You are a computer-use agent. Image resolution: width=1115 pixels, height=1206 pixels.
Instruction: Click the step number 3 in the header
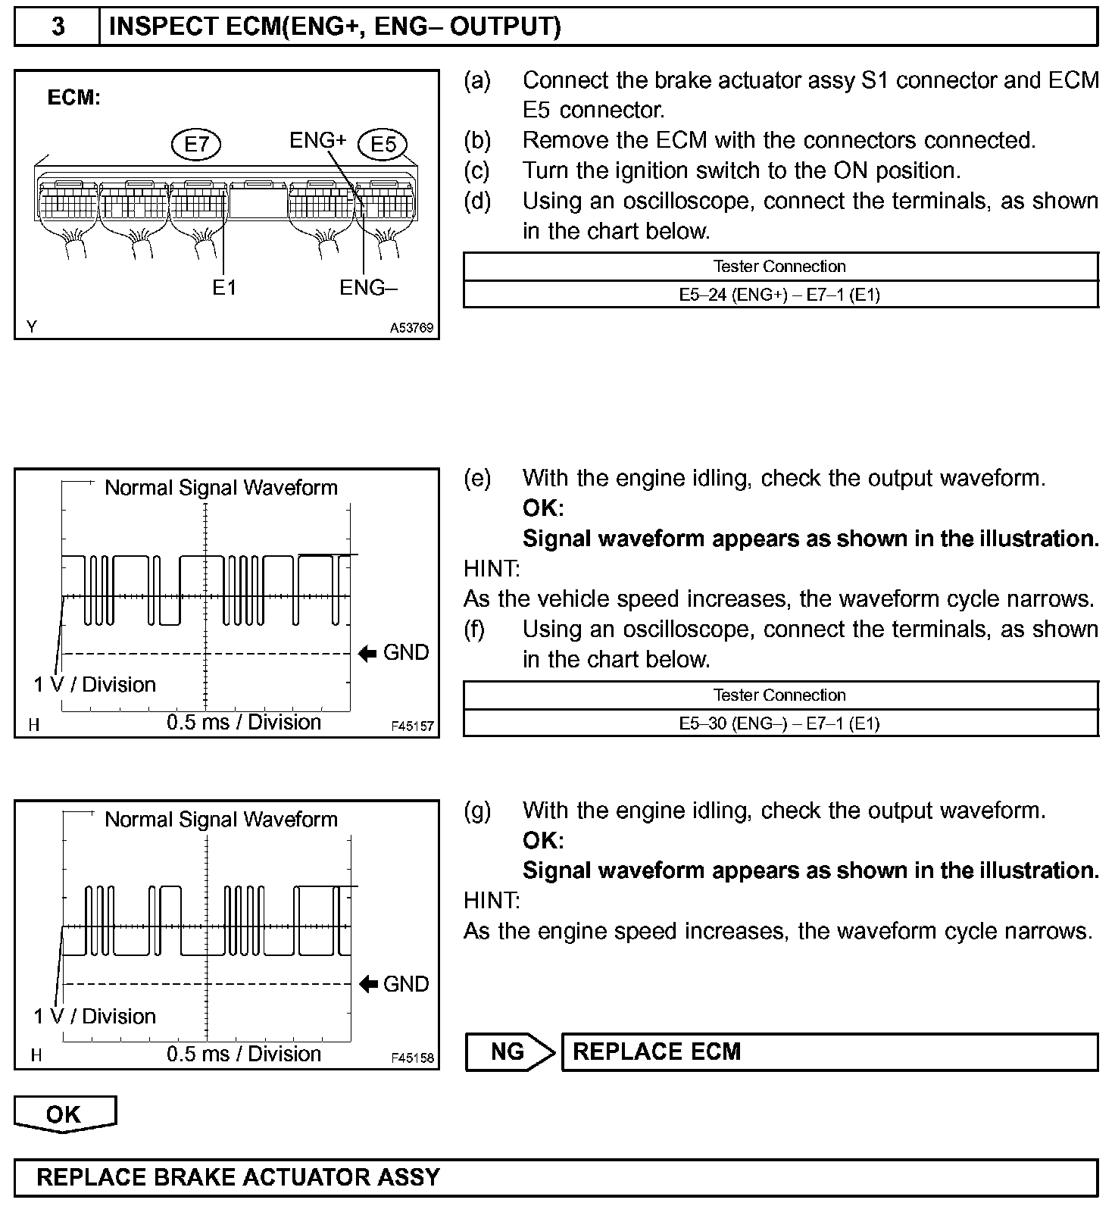(x=58, y=27)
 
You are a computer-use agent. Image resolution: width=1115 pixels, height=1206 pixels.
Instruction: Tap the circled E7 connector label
(x=195, y=143)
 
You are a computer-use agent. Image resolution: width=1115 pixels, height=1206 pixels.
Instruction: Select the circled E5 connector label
(x=383, y=144)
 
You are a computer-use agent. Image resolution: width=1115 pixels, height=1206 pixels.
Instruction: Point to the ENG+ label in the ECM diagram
(x=317, y=140)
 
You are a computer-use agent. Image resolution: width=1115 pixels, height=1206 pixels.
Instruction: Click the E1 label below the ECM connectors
(x=224, y=288)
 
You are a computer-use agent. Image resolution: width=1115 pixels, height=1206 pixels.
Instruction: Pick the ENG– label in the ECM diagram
(x=368, y=288)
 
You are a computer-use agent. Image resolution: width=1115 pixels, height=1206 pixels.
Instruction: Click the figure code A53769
(x=411, y=328)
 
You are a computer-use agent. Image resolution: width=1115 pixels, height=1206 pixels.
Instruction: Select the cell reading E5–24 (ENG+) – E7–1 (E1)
(x=779, y=295)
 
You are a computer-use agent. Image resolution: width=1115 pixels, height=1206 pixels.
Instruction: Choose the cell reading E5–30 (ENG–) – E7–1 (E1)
(x=779, y=723)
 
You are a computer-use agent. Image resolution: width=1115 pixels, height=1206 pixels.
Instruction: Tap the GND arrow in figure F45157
(x=368, y=653)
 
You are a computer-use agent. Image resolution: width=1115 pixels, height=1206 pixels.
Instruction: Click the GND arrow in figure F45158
(x=368, y=984)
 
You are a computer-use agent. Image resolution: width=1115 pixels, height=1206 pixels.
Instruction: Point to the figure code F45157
(x=412, y=726)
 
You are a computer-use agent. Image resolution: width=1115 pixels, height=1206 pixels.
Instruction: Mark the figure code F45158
(x=412, y=1058)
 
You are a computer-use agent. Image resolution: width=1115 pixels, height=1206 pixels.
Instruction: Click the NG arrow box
(x=509, y=1051)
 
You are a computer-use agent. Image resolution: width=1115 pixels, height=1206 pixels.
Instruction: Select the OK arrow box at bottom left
(x=64, y=1114)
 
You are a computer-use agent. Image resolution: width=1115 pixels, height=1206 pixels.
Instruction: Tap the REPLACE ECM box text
(x=657, y=1051)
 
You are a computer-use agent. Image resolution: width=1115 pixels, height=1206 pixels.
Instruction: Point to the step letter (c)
(x=476, y=170)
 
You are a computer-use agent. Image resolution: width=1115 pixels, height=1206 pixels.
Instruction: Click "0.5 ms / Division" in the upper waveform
(x=244, y=722)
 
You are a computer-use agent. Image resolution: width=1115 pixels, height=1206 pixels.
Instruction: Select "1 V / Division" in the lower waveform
(x=95, y=1016)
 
